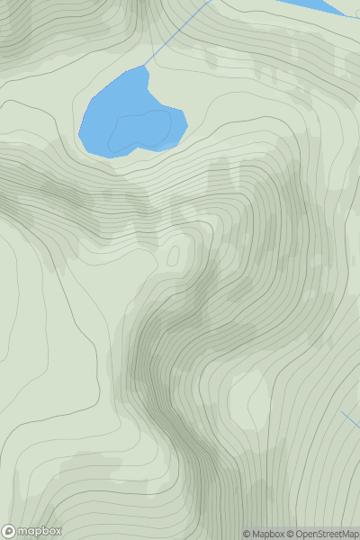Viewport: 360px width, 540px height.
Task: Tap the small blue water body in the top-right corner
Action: [x=315, y=5]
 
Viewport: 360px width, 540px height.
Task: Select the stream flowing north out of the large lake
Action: [x=175, y=36]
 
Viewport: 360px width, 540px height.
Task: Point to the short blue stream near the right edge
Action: [x=351, y=420]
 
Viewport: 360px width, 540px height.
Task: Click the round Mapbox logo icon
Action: [x=9, y=531]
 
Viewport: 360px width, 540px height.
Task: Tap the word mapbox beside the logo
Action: [x=39, y=531]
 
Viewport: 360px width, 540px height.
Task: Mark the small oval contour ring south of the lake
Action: [x=173, y=255]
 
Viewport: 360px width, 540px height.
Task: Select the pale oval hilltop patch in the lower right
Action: [x=247, y=400]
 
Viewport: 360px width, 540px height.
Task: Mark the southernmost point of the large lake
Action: [x=112, y=157]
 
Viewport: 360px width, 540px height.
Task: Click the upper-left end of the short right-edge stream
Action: [x=342, y=412]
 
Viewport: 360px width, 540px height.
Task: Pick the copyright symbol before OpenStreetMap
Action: [x=290, y=534]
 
